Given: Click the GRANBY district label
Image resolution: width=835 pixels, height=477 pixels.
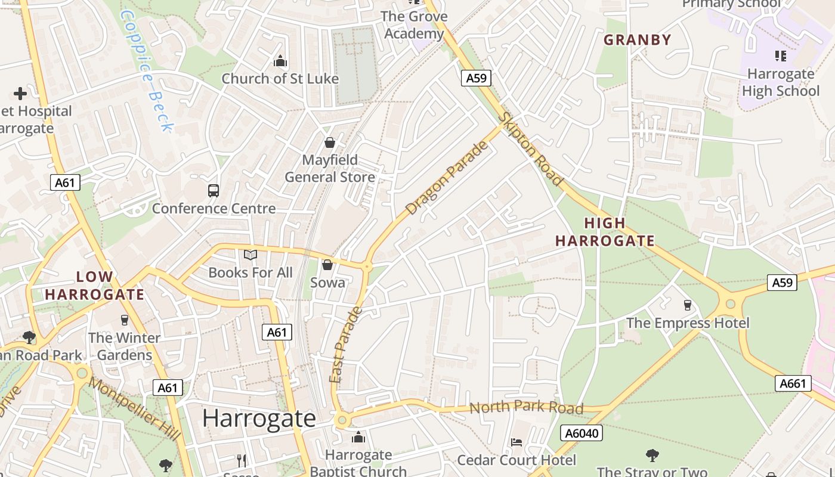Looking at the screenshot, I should (x=638, y=40).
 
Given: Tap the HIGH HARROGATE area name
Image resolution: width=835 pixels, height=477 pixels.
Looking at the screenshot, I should (x=605, y=232).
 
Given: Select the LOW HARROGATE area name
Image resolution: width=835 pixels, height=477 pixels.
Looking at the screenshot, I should (x=94, y=286).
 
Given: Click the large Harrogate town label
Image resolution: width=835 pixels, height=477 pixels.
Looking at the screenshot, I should (x=259, y=418).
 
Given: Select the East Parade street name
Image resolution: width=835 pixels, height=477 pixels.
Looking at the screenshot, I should (x=345, y=345).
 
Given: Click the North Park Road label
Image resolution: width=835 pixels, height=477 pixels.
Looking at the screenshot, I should (x=526, y=407).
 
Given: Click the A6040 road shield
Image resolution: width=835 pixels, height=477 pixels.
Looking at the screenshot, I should (x=582, y=433).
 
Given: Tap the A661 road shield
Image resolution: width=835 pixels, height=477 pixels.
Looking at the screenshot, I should (x=794, y=383).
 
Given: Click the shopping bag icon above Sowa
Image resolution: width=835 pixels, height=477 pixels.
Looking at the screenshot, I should (x=327, y=265).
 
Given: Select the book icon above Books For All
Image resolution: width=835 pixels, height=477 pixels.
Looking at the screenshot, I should (x=250, y=255).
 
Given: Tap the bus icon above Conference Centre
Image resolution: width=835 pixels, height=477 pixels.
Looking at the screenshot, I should (x=214, y=191).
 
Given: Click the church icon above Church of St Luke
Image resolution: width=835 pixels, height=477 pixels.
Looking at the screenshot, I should (x=280, y=61).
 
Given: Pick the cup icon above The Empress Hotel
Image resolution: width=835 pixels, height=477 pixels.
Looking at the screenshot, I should (x=687, y=305).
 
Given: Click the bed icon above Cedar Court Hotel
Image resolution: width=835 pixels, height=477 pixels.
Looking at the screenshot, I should (x=517, y=442).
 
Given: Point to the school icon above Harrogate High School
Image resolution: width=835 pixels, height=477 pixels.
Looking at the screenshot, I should (x=780, y=56).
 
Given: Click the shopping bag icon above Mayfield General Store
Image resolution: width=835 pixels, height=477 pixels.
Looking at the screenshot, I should (x=329, y=143).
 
